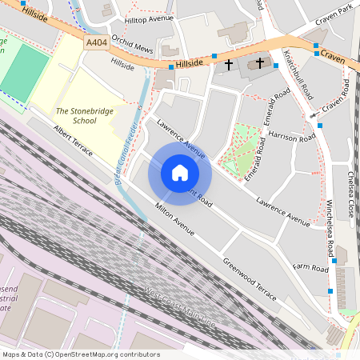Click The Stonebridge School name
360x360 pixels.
coord(82,116)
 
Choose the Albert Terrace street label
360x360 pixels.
coord(74,141)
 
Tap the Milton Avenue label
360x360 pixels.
coord(174,220)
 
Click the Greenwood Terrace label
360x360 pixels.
coord(250,275)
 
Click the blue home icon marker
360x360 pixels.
coord(180,173)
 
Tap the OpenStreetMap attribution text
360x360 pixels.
coord(80,354)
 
